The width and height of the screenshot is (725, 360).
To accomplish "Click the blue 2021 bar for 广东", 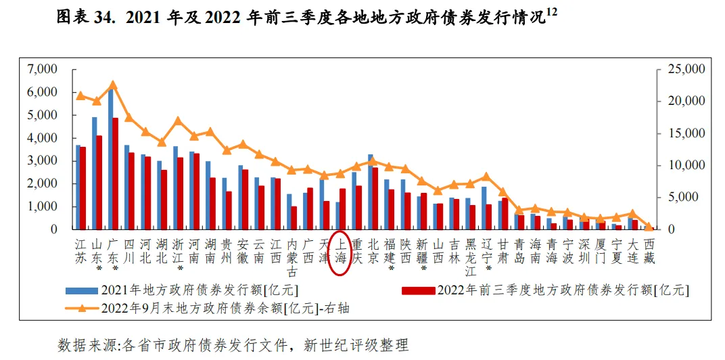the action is click(110, 159).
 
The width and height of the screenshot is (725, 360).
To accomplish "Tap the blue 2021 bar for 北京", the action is click(371, 192).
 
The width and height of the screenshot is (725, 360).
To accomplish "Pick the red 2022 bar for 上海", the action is click(343, 208).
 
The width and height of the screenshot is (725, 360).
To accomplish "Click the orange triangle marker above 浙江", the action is click(178, 120).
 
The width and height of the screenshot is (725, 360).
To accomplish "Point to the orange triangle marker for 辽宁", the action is click(486, 177).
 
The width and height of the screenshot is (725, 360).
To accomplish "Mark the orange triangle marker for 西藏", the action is click(649, 227).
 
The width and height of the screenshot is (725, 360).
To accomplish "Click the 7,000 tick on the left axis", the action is click(42, 70).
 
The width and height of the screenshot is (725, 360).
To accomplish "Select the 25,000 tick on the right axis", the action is click(685, 70).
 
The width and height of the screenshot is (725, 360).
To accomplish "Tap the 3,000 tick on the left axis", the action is click(42, 161).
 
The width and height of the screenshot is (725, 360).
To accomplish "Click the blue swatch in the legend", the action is click(82, 290).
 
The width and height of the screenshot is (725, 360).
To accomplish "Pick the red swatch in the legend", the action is click(419, 290).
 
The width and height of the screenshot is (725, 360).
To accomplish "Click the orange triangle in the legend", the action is click(82, 308).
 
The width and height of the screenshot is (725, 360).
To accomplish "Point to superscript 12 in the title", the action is click(551, 14).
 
